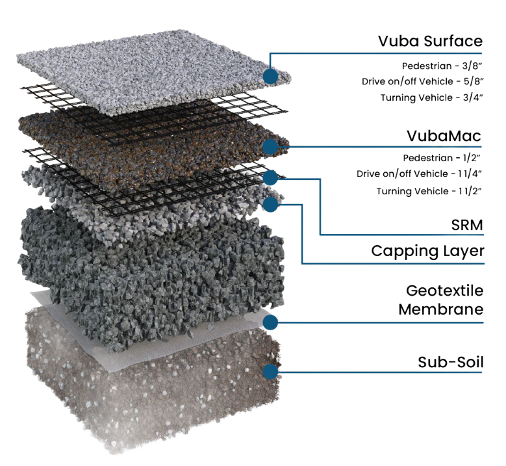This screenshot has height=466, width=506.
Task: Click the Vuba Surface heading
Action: pyautogui.click(x=430, y=42)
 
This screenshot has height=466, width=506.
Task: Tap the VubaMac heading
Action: pyautogui.click(x=444, y=136)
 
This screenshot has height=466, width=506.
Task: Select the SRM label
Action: pyautogui.click(x=467, y=225)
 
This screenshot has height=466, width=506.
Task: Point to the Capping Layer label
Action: pyautogui.click(x=427, y=252)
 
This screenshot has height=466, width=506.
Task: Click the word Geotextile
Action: pyautogui.click(x=445, y=291)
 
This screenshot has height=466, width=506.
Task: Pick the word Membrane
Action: pyautogui.click(x=441, y=309)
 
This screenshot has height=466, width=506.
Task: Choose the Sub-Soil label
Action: pyautogui.click(x=451, y=362)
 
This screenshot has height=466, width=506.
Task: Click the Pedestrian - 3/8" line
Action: pyautogui.click(x=442, y=66)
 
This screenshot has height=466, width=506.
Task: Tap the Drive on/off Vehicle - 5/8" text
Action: pyautogui.click(x=422, y=81)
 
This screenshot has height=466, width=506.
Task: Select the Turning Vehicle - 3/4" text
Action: pyautogui.click(x=431, y=97)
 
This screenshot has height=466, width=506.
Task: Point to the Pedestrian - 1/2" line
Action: pyautogui.click(x=442, y=158)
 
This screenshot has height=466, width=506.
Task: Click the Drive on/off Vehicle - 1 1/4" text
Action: pyautogui.click(x=419, y=174)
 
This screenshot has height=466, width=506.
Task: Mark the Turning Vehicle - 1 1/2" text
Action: pyautogui.click(x=429, y=191)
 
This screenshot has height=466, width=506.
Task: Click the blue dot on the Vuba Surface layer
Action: pyautogui.click(x=270, y=76)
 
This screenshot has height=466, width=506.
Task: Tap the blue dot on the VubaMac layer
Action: pyautogui.click(x=270, y=147)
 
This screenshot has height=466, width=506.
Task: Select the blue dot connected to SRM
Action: pyautogui.click(x=270, y=177)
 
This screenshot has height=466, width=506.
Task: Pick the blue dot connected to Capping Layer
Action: pyautogui.click(x=270, y=204)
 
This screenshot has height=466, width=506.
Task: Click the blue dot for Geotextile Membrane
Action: pyautogui.click(x=270, y=322)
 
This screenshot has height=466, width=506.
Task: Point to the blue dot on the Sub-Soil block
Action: pyautogui.click(x=270, y=371)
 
